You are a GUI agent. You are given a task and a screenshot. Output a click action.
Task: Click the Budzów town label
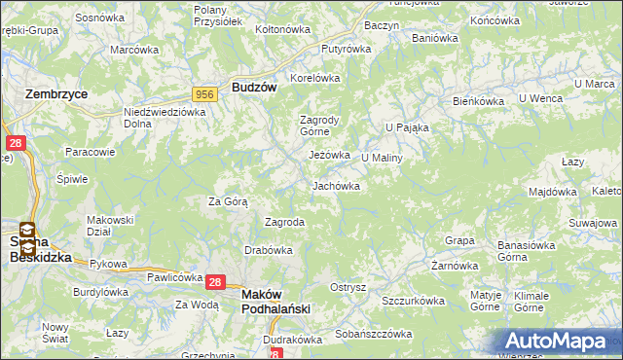tap(255, 87)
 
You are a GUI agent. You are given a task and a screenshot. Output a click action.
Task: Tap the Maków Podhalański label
tap(275, 301)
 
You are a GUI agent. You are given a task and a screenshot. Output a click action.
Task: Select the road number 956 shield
tap(204, 93)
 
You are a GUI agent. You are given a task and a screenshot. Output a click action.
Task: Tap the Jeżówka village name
tap(329, 155)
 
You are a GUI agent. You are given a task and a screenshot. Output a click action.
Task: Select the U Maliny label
tap(382, 157)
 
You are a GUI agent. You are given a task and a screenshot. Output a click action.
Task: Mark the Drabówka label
tap(269, 250)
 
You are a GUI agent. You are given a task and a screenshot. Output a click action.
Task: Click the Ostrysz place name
tap(348, 287)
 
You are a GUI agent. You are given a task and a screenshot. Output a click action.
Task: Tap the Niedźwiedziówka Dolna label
tap(165, 117)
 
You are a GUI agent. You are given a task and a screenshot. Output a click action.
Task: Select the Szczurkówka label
tap(413, 301)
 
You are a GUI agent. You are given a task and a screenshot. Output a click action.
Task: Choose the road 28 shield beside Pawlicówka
tap(216, 282)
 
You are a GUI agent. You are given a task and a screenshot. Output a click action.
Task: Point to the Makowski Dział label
tap(109, 226)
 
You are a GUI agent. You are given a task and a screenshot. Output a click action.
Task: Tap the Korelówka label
tap(313, 78)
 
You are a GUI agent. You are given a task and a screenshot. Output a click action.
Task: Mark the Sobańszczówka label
tap(374, 334)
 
